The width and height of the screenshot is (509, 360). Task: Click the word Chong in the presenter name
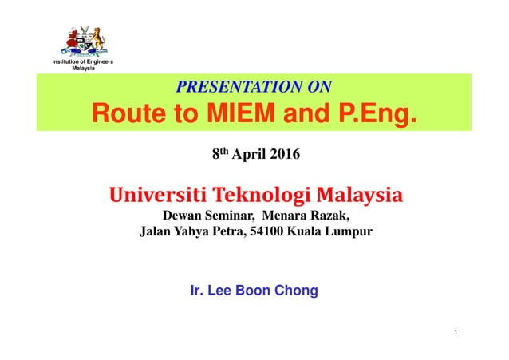coord(296,291)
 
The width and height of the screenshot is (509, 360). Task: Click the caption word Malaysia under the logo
coord(84,69)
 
